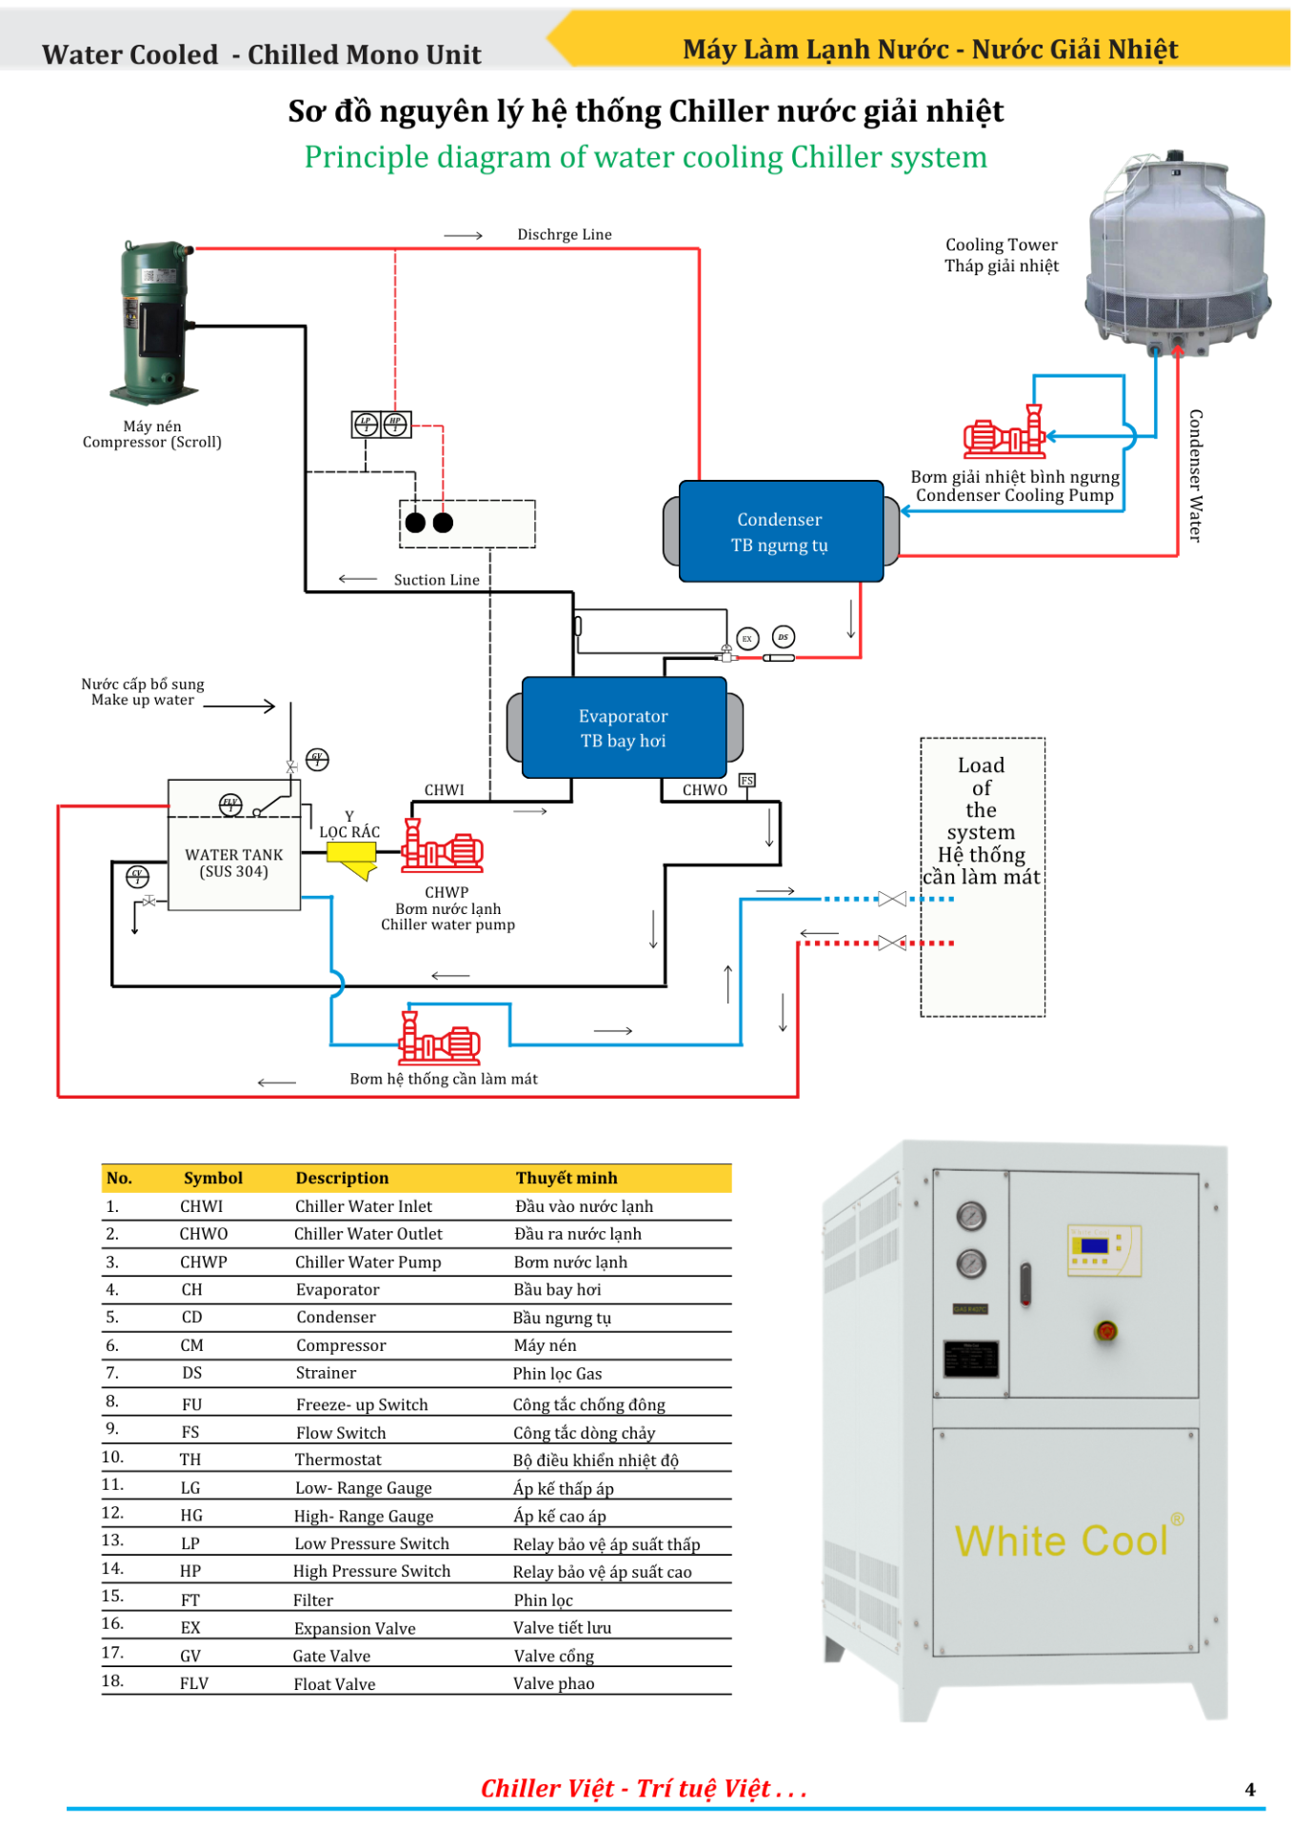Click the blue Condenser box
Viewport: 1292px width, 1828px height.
point(781,531)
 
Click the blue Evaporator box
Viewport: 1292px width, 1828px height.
point(624,727)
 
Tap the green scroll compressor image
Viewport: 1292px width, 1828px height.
point(154,322)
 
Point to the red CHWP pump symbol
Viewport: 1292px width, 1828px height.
point(442,847)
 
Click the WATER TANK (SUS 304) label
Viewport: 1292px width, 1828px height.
point(233,863)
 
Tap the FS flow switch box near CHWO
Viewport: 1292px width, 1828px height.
point(747,781)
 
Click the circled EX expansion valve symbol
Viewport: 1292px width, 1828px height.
point(747,639)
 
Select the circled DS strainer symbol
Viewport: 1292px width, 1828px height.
point(783,637)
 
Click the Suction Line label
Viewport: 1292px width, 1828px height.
point(436,580)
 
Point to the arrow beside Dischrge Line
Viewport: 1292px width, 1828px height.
point(464,235)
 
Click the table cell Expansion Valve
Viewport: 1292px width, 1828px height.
point(354,1628)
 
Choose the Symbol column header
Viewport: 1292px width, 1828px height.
point(213,1178)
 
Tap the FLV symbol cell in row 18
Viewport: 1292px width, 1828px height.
point(193,1683)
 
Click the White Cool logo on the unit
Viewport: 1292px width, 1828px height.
point(1063,1540)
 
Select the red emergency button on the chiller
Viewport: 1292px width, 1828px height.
point(1106,1331)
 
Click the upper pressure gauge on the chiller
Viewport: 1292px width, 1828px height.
point(971,1216)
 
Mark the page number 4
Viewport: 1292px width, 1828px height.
point(1250,1790)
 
